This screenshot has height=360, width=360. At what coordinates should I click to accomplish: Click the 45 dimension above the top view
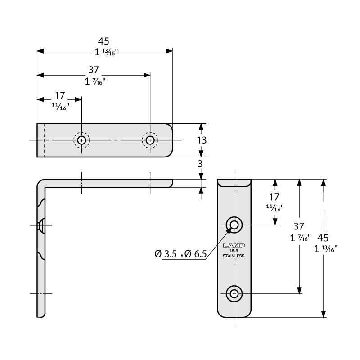click(x=103, y=41)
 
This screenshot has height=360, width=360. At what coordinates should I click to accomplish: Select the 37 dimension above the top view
click(x=93, y=70)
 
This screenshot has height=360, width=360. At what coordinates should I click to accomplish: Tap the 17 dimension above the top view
click(x=60, y=95)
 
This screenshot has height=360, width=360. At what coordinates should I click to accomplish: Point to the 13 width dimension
click(x=201, y=140)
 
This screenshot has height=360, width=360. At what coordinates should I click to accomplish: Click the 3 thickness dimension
click(x=201, y=165)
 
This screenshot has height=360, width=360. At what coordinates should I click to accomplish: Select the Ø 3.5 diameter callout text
click(x=165, y=254)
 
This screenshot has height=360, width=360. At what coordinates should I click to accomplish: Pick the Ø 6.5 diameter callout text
click(x=194, y=254)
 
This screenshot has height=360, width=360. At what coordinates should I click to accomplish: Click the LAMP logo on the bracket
click(x=234, y=246)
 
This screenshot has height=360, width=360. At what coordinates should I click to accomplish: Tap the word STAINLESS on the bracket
click(x=234, y=256)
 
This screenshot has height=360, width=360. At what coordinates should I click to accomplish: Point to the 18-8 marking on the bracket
click(x=234, y=251)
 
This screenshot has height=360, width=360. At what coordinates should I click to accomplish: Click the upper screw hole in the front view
click(x=234, y=224)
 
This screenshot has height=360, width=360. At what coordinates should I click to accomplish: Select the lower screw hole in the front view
click(x=234, y=294)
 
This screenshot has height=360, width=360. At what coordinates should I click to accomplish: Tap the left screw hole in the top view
click(x=81, y=140)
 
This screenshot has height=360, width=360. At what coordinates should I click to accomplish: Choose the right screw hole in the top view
click(x=150, y=140)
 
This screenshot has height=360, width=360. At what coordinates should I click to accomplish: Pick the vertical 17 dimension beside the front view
click(x=274, y=197)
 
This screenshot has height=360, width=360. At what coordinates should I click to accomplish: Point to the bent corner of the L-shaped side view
click(x=40, y=183)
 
